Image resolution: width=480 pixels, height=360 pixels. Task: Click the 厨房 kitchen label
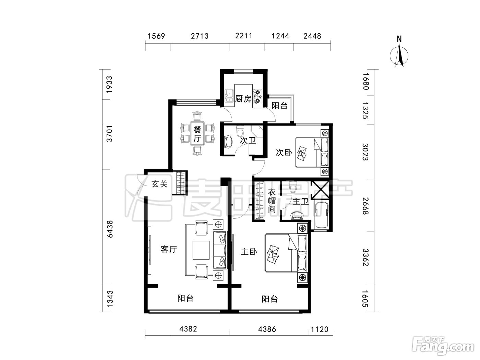click(243, 99)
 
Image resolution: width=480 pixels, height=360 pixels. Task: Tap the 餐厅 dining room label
click(197, 134)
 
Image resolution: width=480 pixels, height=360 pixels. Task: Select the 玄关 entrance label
click(160, 184)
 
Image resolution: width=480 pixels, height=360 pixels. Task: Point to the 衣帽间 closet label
click(272, 201)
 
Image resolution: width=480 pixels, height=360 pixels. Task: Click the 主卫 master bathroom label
click(300, 201)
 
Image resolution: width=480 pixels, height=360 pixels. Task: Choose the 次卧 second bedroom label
click(284, 152)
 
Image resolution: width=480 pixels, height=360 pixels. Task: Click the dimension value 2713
click(200, 36)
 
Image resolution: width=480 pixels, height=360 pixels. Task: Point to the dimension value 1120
click(320, 329)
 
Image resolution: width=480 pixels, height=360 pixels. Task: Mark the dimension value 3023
click(365, 152)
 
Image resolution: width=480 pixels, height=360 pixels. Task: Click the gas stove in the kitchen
click(257, 96)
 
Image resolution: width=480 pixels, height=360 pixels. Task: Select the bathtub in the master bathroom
click(321, 216)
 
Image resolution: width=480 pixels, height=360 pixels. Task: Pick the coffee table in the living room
click(201, 250)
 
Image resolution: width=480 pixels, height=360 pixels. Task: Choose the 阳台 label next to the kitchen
click(279, 106)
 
